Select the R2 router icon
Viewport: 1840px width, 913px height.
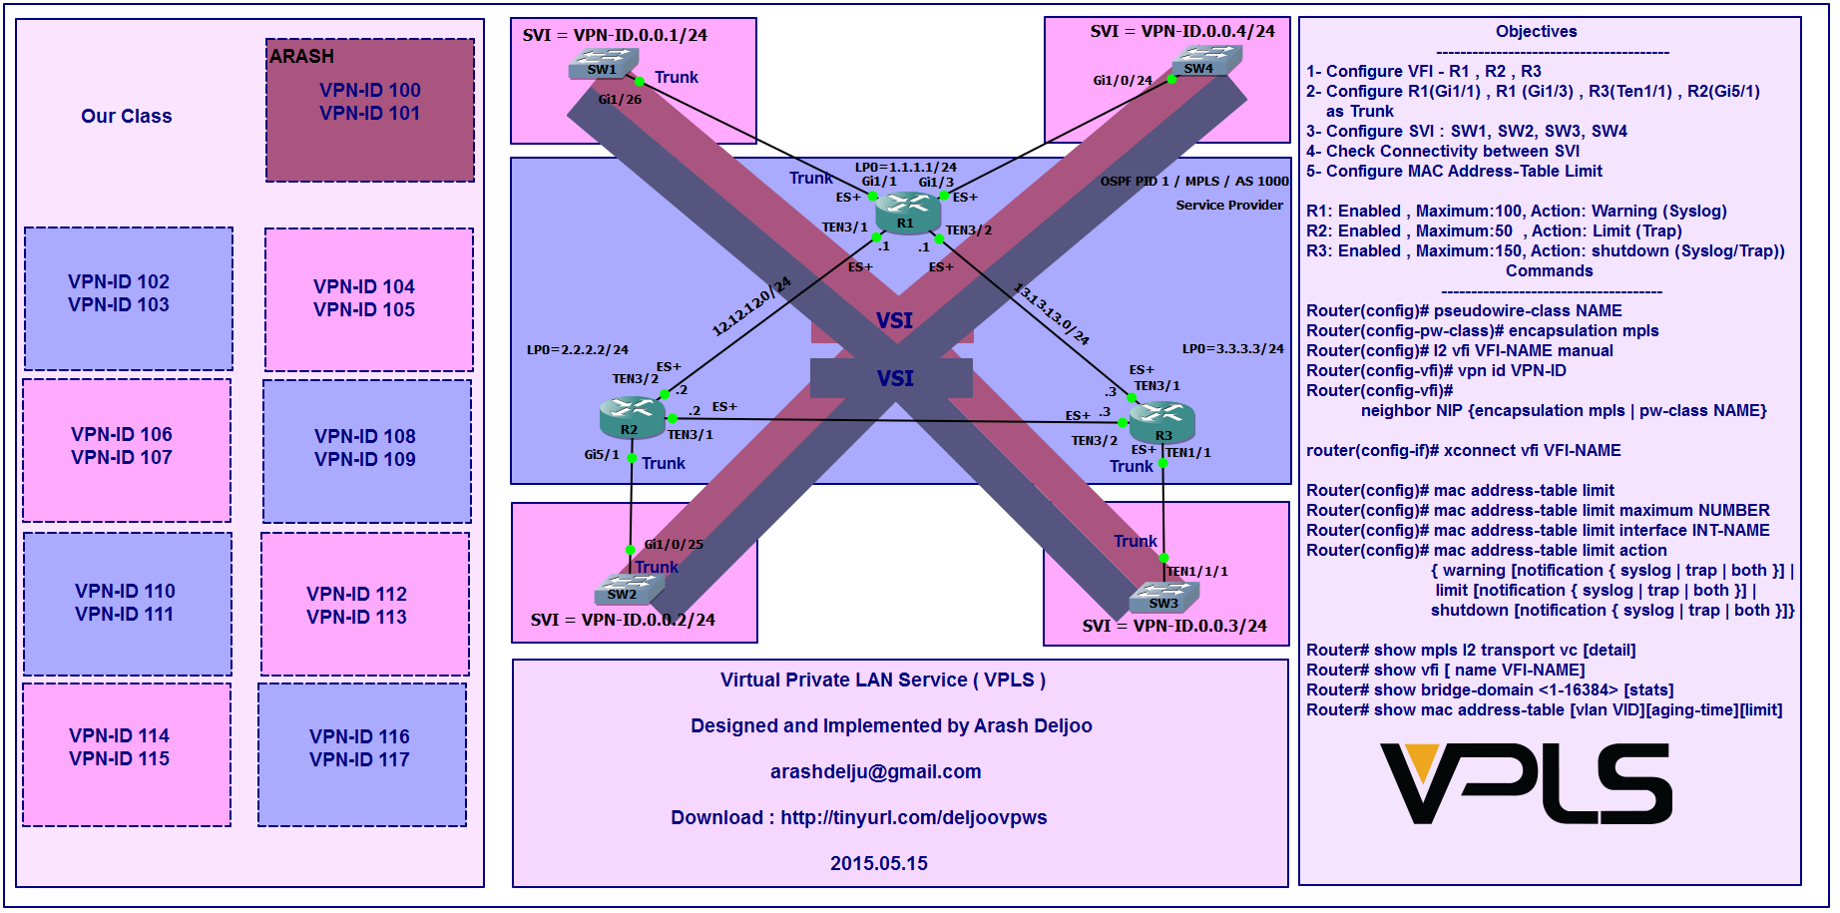[x=632, y=418]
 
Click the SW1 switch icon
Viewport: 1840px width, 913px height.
[x=603, y=66]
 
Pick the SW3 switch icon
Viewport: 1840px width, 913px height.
[x=1163, y=598]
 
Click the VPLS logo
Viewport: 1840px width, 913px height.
[x=1525, y=784]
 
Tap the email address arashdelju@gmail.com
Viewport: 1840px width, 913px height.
[x=875, y=771]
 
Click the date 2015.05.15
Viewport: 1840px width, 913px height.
[x=878, y=863]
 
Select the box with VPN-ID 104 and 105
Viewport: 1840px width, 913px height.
[x=368, y=299]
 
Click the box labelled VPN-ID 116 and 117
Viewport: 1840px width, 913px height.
[x=362, y=754]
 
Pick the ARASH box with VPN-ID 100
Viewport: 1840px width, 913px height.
[x=370, y=110]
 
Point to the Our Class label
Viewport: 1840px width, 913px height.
[x=127, y=116]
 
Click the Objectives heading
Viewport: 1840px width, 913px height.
[x=1536, y=32]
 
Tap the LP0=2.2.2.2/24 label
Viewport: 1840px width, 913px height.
[x=577, y=350]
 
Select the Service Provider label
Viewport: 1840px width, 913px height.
[x=1229, y=206]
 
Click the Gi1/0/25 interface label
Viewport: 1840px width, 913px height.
[x=674, y=545]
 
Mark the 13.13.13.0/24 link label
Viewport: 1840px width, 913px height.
[x=1052, y=315]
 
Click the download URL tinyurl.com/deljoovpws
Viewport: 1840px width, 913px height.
[x=913, y=818]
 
